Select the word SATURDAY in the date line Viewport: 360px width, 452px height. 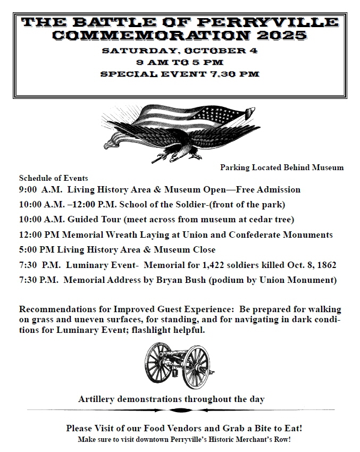coord(132,51)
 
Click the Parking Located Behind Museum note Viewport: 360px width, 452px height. coord(282,168)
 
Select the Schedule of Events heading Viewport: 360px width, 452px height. coord(53,178)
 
